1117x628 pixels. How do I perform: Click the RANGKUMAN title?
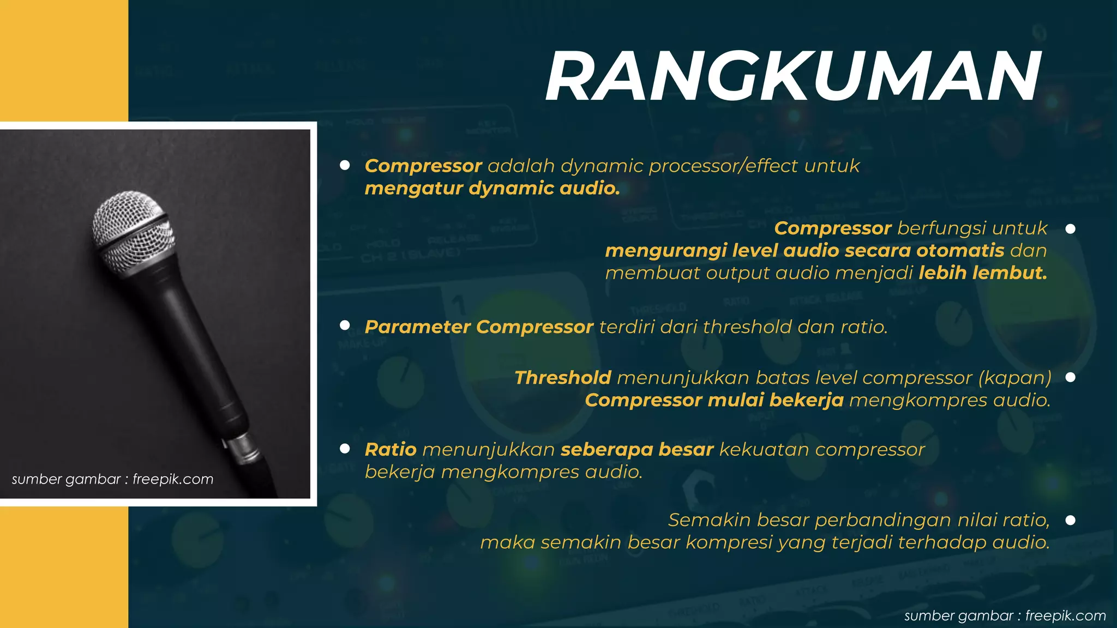[x=794, y=77]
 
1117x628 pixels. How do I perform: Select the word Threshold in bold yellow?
[x=563, y=378]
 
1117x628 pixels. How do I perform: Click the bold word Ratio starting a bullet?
[x=391, y=450]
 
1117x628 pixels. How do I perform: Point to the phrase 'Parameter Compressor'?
[x=479, y=327]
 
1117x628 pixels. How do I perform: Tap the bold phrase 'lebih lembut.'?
[x=983, y=273]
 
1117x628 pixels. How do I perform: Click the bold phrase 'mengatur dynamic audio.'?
[x=492, y=189]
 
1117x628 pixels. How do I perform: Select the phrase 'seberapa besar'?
[x=637, y=450]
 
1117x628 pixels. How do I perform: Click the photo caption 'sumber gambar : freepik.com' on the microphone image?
[x=112, y=480]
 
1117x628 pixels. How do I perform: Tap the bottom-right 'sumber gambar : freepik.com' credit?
[x=1005, y=616]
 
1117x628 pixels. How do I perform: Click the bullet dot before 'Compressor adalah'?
[x=345, y=165]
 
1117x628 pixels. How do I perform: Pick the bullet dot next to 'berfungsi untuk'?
[x=1070, y=229]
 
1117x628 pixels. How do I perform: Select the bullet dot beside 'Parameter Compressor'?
[x=345, y=325]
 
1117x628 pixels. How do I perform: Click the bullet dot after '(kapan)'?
[x=1070, y=377]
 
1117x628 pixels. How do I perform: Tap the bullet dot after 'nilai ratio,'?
[x=1070, y=521]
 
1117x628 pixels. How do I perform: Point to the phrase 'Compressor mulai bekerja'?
[x=714, y=401]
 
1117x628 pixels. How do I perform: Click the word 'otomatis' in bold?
[x=960, y=251]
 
